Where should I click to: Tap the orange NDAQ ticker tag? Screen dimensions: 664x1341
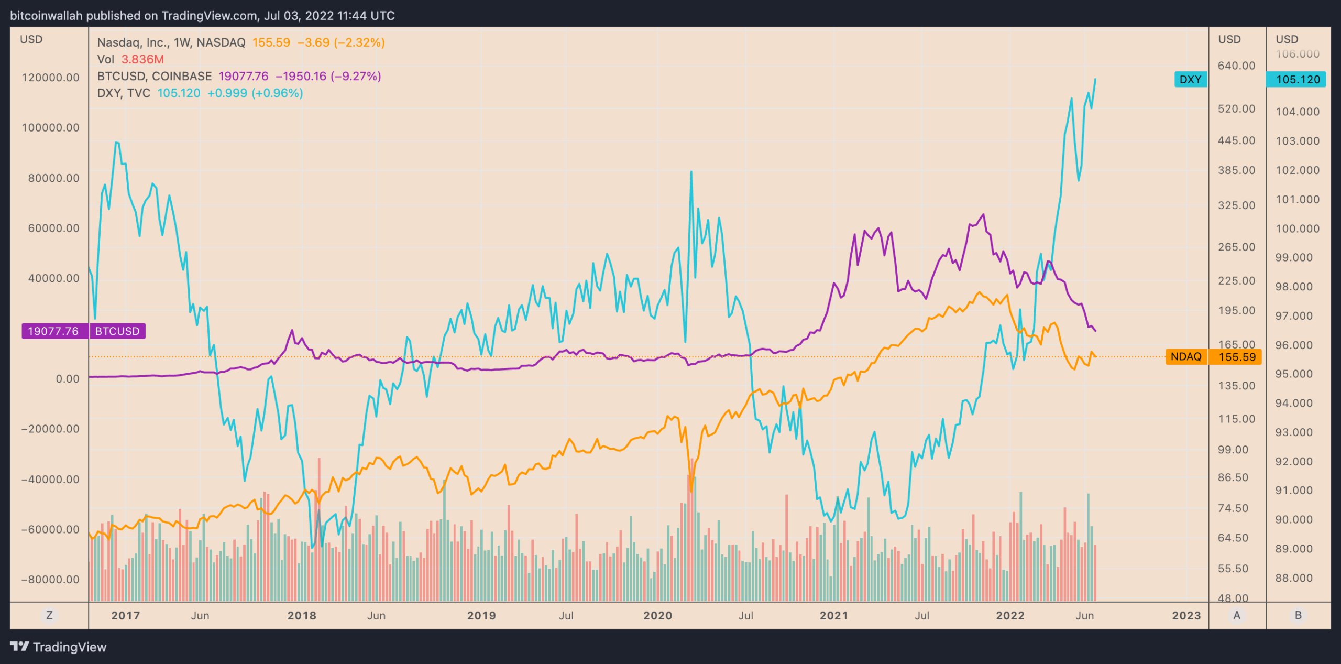click(1186, 357)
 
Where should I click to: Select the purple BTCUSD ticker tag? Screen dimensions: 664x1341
click(117, 331)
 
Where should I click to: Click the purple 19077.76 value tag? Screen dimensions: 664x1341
click(53, 331)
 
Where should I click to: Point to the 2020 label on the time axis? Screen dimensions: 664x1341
click(657, 616)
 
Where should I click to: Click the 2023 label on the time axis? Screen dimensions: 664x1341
click(1186, 616)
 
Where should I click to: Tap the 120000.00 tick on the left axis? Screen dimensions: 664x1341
click(50, 78)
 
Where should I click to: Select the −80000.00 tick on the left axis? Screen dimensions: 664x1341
click(50, 580)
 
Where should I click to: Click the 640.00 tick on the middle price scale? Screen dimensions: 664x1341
click(1236, 66)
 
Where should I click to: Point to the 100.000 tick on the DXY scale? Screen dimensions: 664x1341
click(1298, 228)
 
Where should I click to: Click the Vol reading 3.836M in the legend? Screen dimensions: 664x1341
click(142, 59)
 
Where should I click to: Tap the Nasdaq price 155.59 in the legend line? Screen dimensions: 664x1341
click(271, 42)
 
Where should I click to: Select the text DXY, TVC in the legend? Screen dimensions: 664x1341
click(124, 93)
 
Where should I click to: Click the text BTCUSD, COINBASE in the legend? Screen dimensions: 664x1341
click(154, 77)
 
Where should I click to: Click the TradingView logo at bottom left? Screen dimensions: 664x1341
click(58, 647)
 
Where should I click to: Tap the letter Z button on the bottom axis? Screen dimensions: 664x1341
click(49, 615)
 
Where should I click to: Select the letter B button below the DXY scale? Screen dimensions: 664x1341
click(1298, 615)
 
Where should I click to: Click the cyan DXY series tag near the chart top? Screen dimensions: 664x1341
click(1190, 80)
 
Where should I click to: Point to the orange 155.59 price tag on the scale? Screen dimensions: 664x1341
click(1237, 357)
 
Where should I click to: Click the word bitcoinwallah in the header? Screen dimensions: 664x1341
click(46, 16)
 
